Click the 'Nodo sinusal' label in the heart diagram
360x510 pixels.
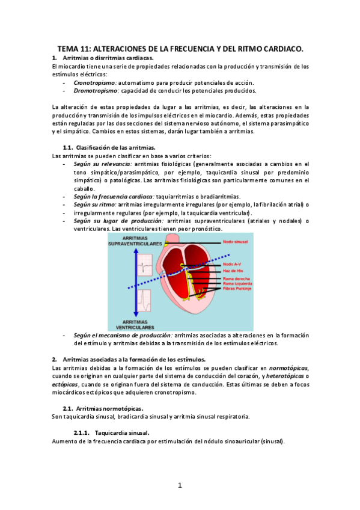point(234,241)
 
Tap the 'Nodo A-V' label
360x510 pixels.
point(231,264)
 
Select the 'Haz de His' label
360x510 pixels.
point(232,271)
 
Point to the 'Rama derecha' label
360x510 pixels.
point(234,278)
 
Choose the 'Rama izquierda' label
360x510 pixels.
point(236,283)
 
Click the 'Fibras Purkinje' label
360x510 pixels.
point(236,289)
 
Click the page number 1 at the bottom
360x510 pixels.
point(180,485)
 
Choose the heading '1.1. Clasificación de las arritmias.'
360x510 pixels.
point(109,147)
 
